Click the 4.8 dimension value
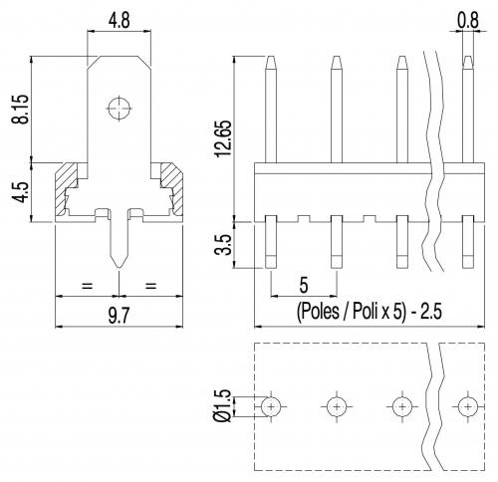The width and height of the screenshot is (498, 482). pyautogui.click(x=119, y=21)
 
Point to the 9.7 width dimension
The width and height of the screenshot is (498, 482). pyautogui.click(x=119, y=316)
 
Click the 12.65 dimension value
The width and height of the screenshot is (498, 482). pyautogui.click(x=223, y=138)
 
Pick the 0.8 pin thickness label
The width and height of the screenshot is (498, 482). pyautogui.click(x=468, y=21)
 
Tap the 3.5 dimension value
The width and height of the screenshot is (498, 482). pyautogui.click(x=223, y=245)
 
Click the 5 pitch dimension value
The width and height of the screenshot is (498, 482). pyautogui.click(x=304, y=285)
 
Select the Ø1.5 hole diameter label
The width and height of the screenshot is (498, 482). pyautogui.click(x=223, y=405)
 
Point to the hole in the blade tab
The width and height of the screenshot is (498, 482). pyautogui.click(x=119, y=109)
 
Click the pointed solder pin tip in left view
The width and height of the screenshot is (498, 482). pyautogui.click(x=119, y=267)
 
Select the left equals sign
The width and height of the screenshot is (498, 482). pyautogui.click(x=87, y=285)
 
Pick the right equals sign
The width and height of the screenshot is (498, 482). pyautogui.click(x=150, y=285)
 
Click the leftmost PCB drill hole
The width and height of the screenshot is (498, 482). pyautogui.click(x=271, y=406)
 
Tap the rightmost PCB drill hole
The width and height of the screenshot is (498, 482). pyautogui.click(x=468, y=406)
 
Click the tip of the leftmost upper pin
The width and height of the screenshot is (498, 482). pyautogui.click(x=271, y=57)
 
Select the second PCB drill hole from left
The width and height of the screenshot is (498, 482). pyautogui.click(x=337, y=406)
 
